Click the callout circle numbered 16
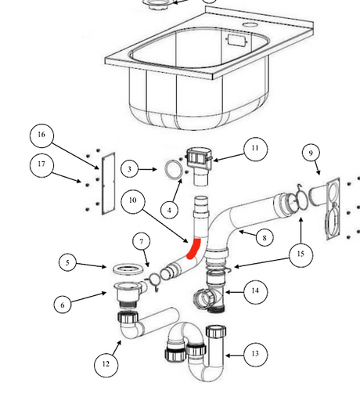click(41, 135)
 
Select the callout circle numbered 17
click(41, 164)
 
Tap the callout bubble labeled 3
click(132, 168)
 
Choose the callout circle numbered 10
click(133, 201)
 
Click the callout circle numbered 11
click(254, 148)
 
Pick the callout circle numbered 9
click(311, 152)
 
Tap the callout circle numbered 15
click(301, 254)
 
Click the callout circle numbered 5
click(70, 263)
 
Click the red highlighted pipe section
click(193, 249)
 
